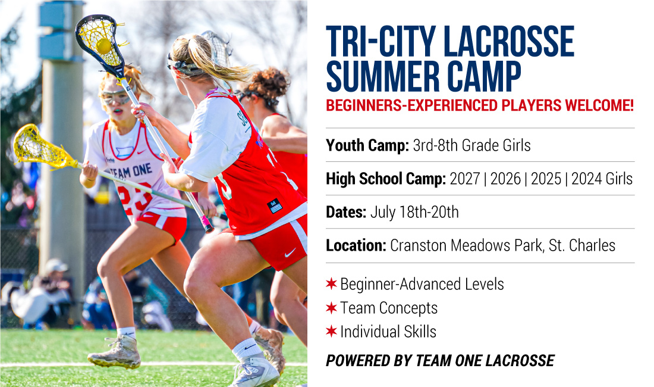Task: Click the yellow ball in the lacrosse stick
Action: [x=103, y=45]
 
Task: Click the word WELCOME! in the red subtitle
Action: [x=599, y=105]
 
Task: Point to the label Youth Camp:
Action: [x=367, y=146]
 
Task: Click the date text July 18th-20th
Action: [x=414, y=212]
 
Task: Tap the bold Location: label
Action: [x=356, y=245]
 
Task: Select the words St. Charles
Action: [x=582, y=245]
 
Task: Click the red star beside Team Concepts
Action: [x=331, y=308]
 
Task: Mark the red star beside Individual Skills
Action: [x=331, y=332]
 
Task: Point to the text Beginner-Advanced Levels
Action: [x=422, y=285]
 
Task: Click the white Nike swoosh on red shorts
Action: [x=290, y=252]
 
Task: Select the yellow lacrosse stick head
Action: [x=42, y=147]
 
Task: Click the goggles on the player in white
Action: [x=115, y=97]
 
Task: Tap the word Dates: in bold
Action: [x=346, y=212]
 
